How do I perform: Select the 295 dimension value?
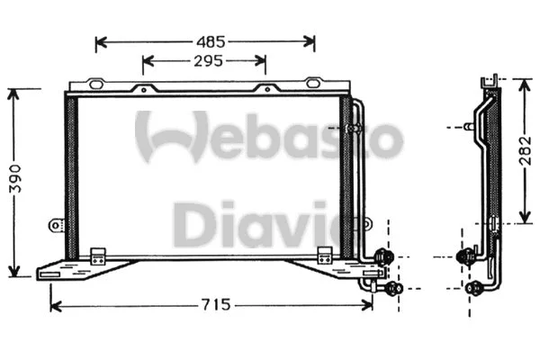coord(206,61)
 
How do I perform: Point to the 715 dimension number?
coord(213,305)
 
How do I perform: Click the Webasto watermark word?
coord(269,137)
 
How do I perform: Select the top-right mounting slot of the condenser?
coord(312,84)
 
